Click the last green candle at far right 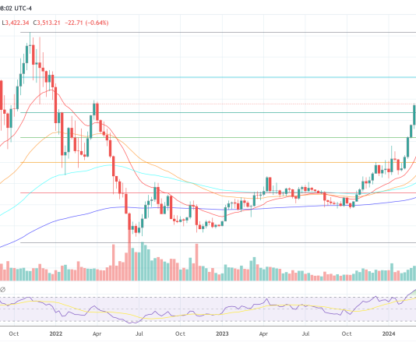[414, 115]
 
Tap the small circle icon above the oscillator [3, 291]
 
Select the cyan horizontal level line [218, 77]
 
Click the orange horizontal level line [218, 162]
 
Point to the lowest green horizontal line [218, 242]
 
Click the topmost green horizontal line [218, 32]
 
